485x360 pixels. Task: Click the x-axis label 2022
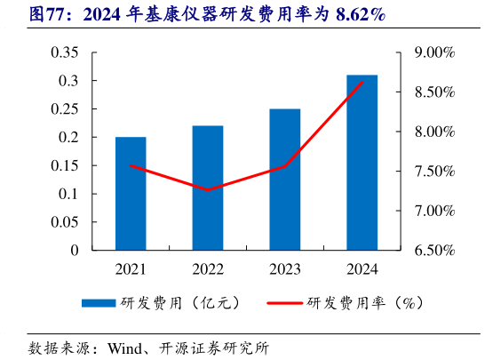[x=208, y=268]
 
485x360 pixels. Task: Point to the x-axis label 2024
[x=362, y=268]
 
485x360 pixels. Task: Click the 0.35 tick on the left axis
[x=64, y=52]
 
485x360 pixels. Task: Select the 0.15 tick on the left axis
[x=64, y=165]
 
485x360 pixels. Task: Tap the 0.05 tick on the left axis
[x=64, y=222]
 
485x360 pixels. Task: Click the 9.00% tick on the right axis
[x=434, y=53]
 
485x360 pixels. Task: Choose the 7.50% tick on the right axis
[x=434, y=172]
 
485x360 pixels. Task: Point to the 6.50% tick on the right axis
[x=434, y=251]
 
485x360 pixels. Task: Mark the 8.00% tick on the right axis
[x=434, y=132]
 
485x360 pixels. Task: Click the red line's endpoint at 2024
[x=362, y=83]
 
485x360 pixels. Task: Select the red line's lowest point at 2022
[x=208, y=190]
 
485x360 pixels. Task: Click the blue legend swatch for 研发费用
[x=99, y=303]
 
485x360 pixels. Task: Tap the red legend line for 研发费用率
[x=284, y=303]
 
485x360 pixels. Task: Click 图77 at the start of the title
[x=23, y=14]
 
